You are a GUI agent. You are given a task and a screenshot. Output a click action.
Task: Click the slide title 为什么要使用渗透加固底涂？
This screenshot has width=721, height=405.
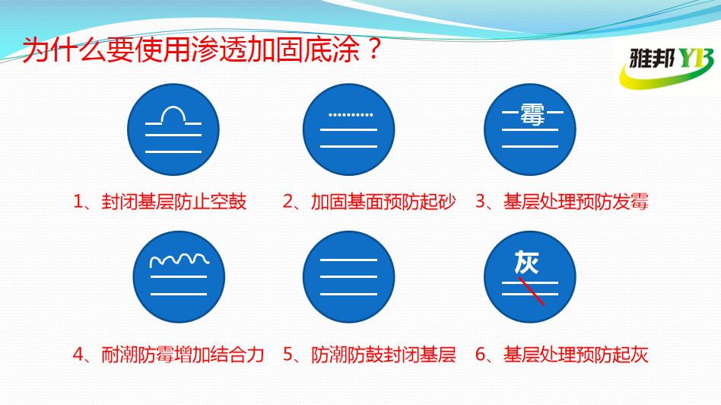(x=202, y=49)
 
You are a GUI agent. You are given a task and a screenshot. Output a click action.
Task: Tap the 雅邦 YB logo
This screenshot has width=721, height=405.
(x=667, y=67)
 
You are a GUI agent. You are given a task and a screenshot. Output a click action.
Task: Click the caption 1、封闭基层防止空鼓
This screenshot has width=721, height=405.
(x=160, y=202)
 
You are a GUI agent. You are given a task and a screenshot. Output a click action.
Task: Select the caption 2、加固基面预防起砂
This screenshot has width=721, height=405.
(x=369, y=202)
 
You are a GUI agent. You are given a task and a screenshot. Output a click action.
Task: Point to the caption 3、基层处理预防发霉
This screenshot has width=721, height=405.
(x=561, y=202)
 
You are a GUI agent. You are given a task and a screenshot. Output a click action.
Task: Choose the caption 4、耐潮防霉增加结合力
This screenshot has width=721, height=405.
(x=168, y=355)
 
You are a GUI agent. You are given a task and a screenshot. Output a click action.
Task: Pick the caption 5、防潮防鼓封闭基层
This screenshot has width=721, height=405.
(x=369, y=355)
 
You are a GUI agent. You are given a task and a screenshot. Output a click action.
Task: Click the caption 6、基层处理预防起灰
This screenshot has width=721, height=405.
(x=561, y=355)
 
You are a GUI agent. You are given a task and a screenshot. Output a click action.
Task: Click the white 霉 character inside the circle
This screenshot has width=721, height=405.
(x=532, y=113)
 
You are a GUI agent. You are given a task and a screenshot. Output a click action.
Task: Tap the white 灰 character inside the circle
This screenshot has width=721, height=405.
(x=526, y=263)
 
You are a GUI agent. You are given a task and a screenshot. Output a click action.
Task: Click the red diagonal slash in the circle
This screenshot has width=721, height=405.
(x=531, y=291)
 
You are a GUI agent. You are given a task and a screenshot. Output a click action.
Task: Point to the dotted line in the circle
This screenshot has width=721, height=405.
(x=351, y=115)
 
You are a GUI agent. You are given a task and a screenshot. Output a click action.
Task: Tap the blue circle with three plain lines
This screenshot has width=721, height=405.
(x=348, y=276)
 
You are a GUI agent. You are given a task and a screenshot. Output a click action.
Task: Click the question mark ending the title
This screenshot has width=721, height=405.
(x=375, y=49)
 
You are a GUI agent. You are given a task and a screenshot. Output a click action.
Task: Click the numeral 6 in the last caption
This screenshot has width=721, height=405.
(x=481, y=355)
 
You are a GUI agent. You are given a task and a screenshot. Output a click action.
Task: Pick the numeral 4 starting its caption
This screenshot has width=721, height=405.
(x=78, y=355)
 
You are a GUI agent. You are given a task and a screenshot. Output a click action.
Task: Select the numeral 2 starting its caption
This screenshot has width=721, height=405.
(x=287, y=202)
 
